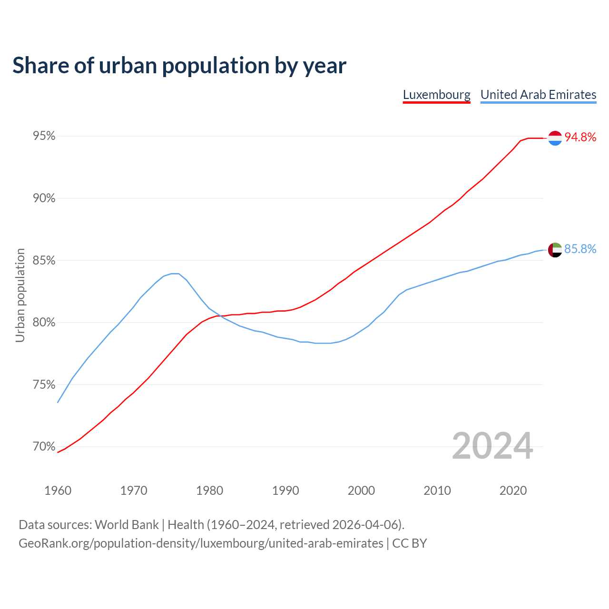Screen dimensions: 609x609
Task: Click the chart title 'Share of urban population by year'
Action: coord(179,66)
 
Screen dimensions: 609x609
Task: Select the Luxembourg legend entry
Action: coord(436,95)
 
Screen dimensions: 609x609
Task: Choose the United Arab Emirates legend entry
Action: coord(538,95)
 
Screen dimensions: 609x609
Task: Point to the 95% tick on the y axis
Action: coord(44,137)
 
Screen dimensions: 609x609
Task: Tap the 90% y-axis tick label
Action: coord(44,198)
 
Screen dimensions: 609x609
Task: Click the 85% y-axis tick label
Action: coord(44,261)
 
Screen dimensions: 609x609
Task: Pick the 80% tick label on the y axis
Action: coord(44,323)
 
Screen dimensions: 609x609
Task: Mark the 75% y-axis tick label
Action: coord(44,385)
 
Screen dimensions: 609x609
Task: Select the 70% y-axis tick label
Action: coord(44,447)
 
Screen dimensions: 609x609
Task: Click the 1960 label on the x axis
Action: coord(58,491)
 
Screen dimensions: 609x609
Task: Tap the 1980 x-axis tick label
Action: coord(209,491)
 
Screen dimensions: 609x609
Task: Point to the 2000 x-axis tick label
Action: coord(361,491)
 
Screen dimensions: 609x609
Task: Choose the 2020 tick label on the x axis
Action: coord(513,491)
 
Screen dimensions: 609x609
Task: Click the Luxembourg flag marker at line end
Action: coord(555,138)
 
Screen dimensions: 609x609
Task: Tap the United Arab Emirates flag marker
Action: coord(555,250)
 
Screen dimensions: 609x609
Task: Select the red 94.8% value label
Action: coord(580,138)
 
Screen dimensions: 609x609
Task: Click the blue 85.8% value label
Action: coord(580,249)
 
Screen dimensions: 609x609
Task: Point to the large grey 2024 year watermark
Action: coord(492,446)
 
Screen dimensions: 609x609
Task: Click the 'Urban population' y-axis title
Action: coord(20,295)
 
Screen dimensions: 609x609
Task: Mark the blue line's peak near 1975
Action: coord(175,274)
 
